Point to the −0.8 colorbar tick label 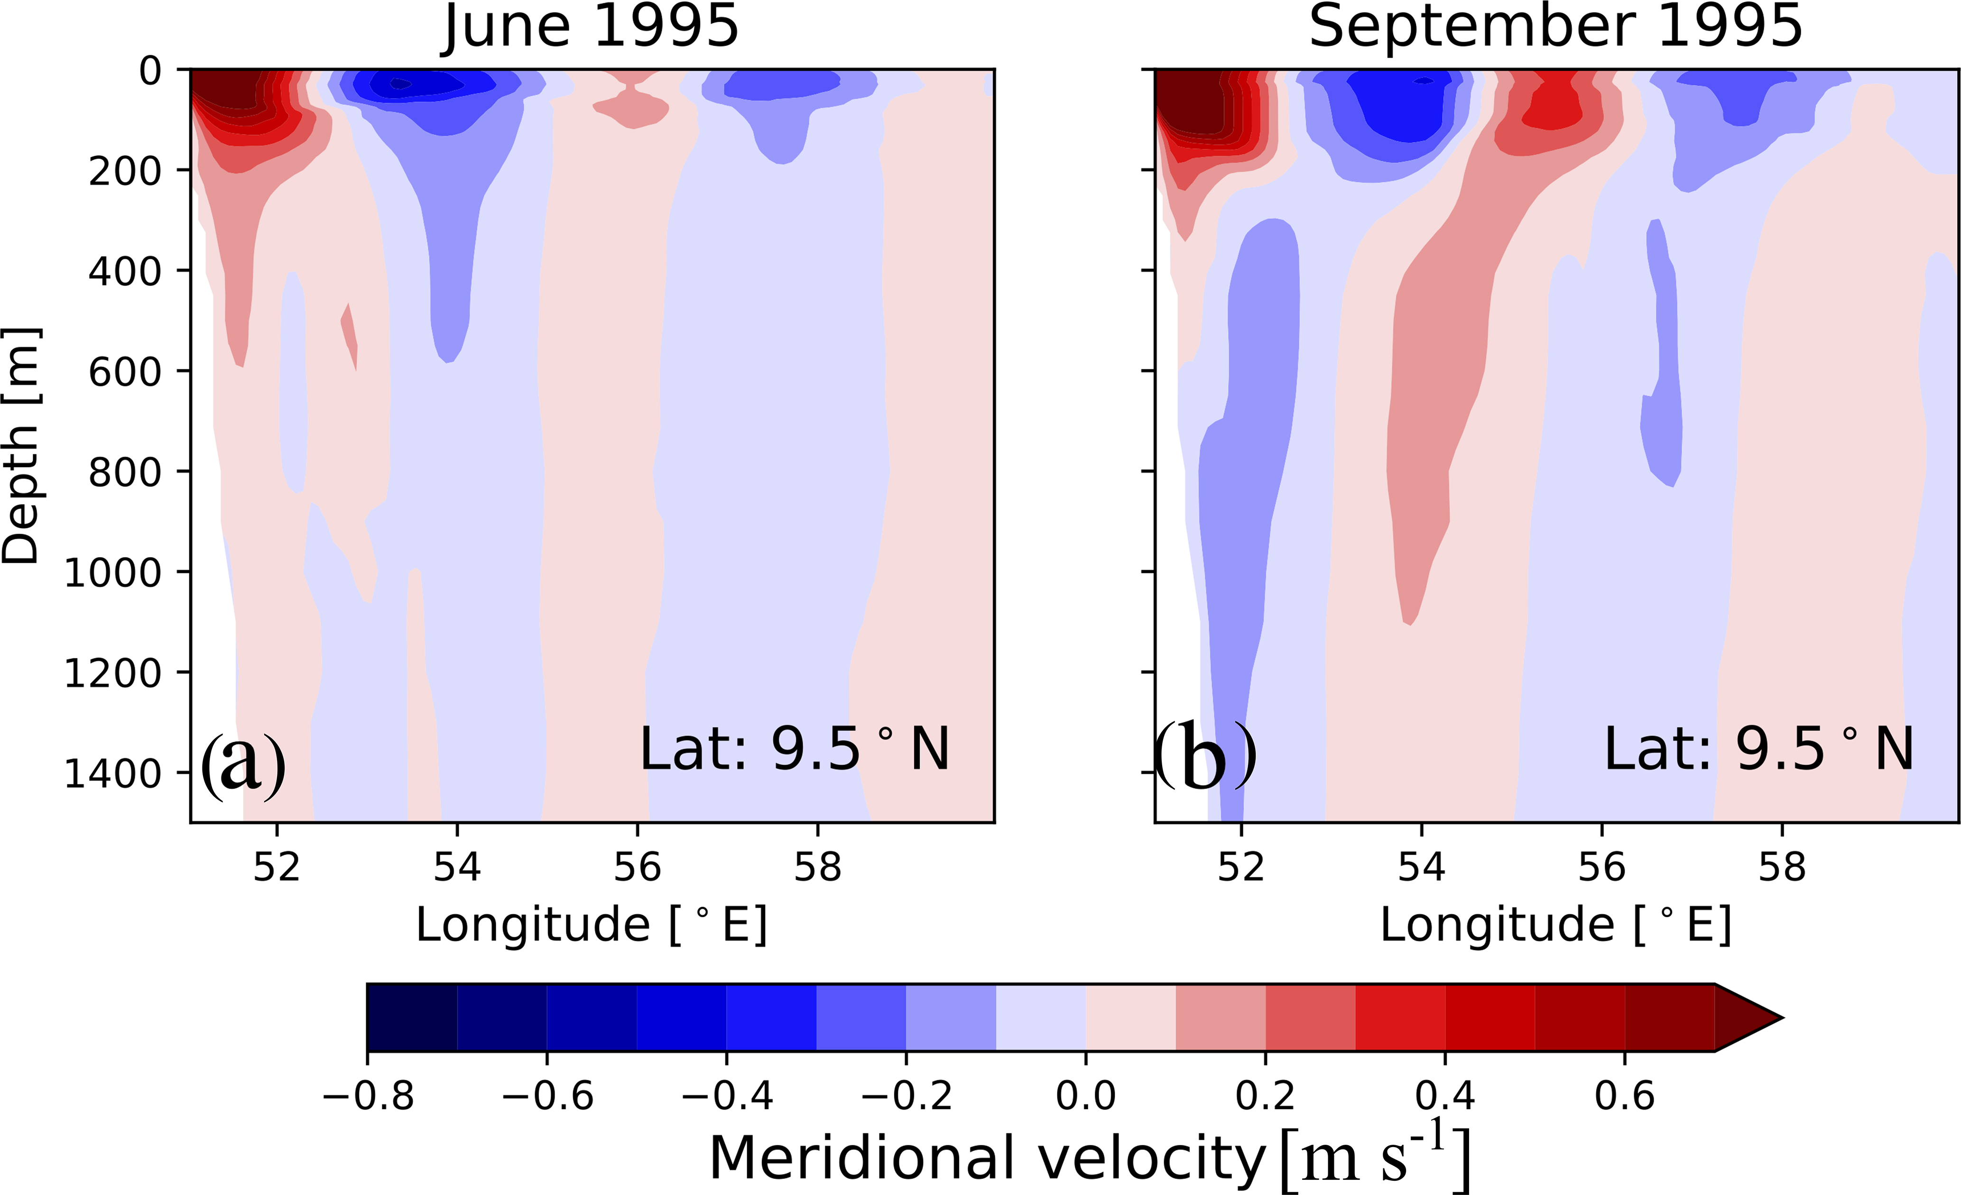point(368,1096)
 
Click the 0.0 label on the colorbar point(1085,1096)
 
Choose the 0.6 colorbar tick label point(1624,1096)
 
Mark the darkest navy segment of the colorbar point(412,1018)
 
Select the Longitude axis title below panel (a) point(591,925)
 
